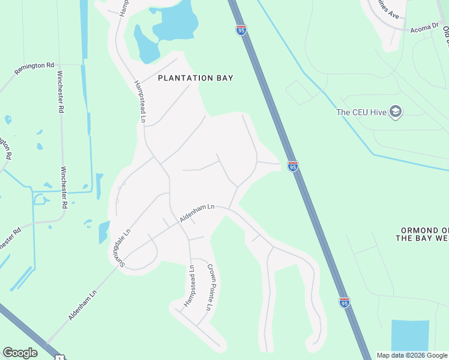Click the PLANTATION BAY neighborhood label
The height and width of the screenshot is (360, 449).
pos(195,78)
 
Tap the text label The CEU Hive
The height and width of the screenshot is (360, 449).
pos(361,112)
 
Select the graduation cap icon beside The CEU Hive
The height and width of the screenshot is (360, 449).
pos(396,111)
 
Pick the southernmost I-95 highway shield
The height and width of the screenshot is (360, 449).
pos(344,302)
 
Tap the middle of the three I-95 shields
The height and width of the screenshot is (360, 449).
pos(292,166)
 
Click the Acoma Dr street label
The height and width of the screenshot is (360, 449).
pos(425,28)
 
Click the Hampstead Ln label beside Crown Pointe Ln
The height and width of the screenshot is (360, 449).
pos(190,286)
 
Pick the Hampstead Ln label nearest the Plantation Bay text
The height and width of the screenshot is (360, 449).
pos(140,102)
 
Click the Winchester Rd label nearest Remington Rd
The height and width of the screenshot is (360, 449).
pos(60,92)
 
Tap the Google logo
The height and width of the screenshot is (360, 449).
pos(20,353)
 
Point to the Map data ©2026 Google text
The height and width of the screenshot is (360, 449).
pos(411,355)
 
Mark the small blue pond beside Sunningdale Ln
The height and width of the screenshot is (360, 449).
pos(104,232)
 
